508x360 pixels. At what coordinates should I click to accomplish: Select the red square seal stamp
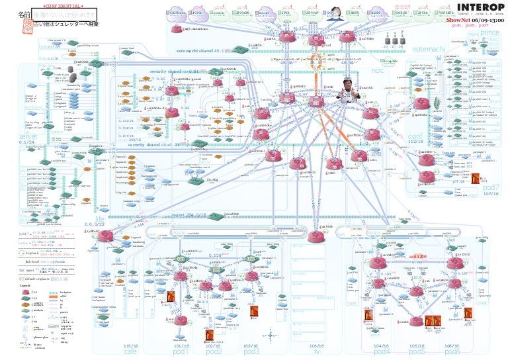tap(9, 22)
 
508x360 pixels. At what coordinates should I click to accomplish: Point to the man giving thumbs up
tap(349, 91)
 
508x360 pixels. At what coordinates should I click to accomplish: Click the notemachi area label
tap(428, 49)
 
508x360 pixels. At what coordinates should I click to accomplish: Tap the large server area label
tap(28, 136)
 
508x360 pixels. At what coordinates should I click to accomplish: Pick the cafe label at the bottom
tap(130, 351)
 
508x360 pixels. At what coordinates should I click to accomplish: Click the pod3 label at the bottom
tap(251, 351)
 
